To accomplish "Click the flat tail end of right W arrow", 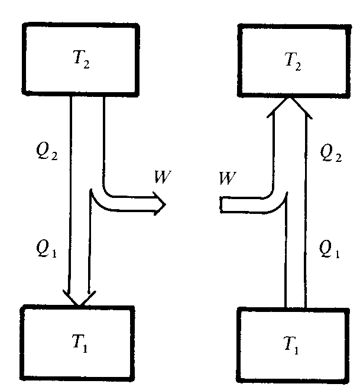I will tap(220, 205).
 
